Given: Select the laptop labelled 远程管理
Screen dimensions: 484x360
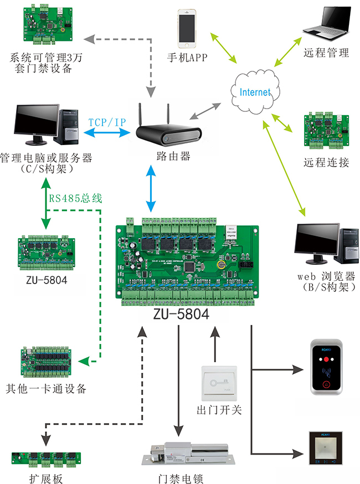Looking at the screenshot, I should click(326, 24).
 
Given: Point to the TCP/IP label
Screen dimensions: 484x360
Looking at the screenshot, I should click(107, 121).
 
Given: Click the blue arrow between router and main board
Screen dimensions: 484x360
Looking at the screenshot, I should click(151, 188).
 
